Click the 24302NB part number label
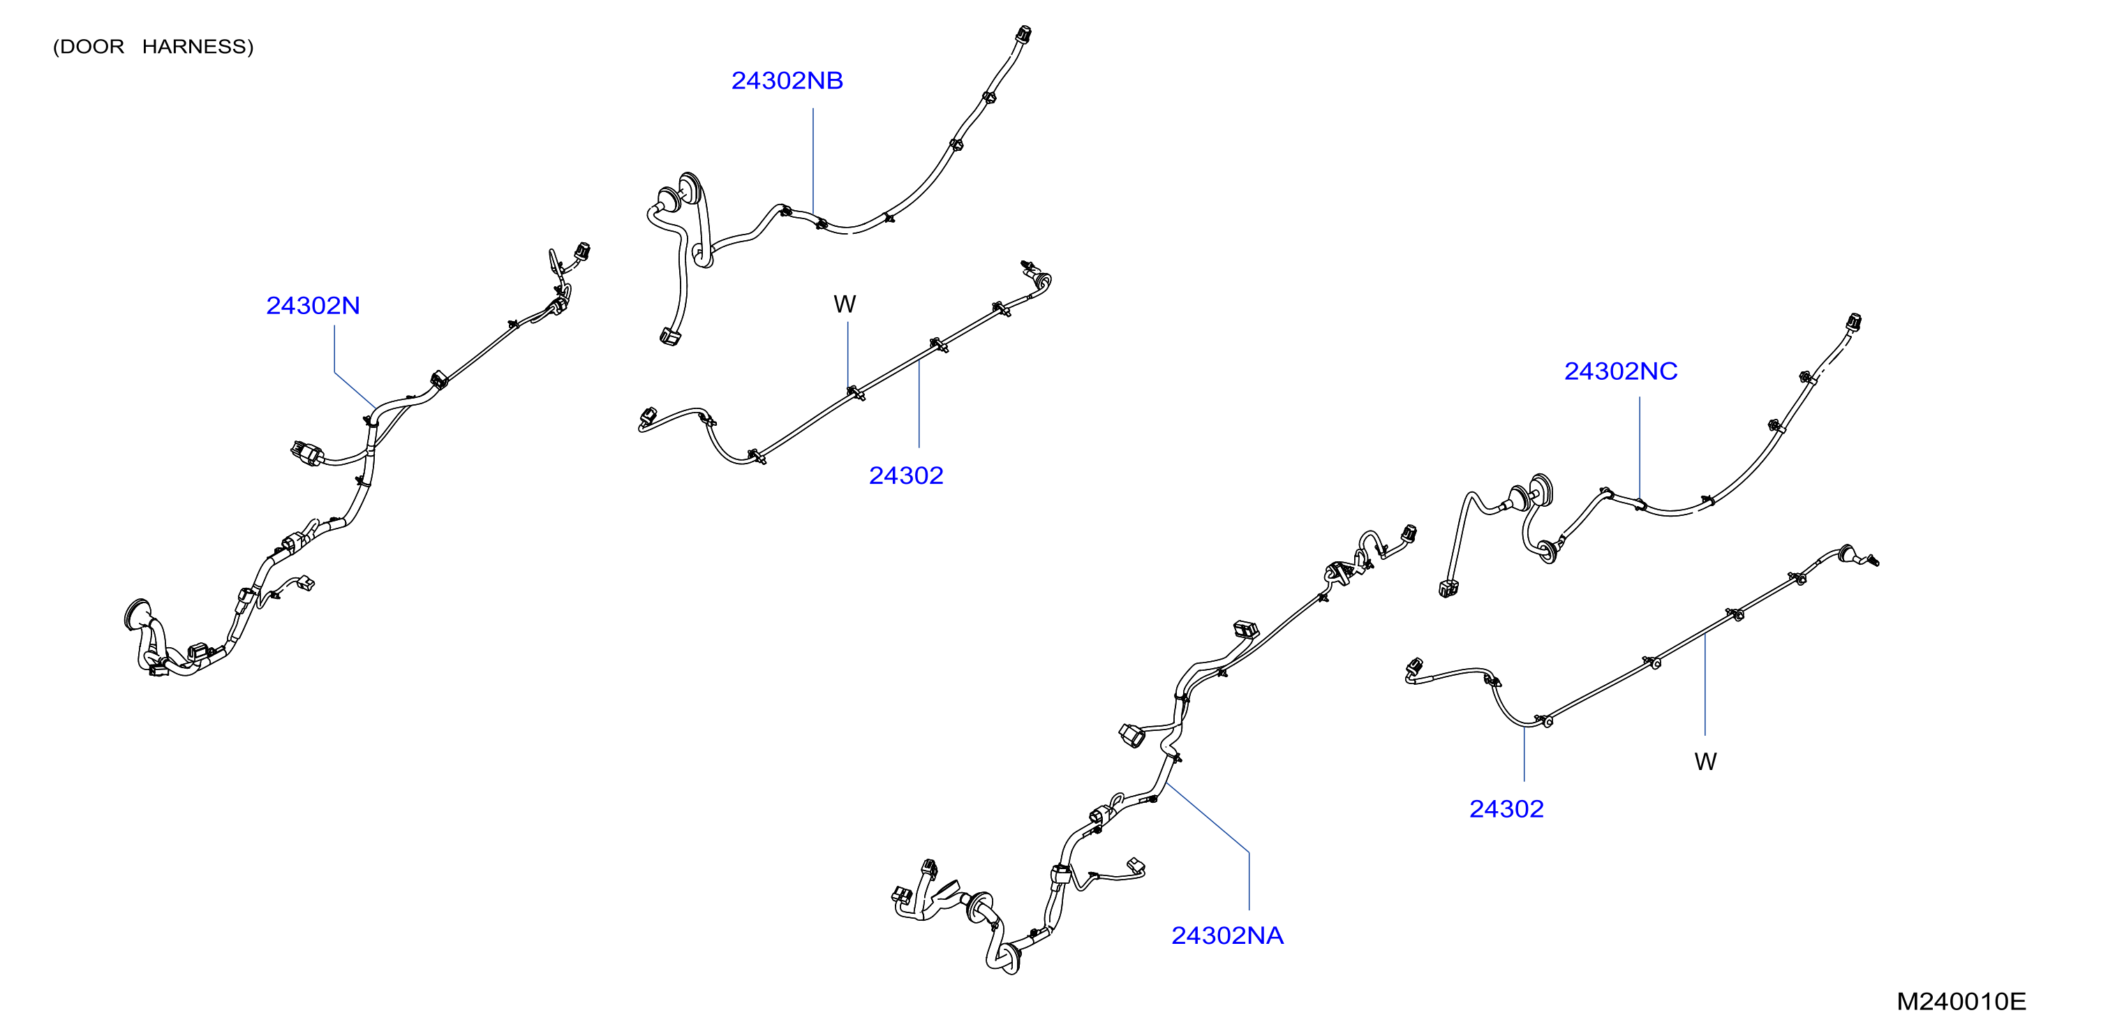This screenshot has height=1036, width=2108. tap(787, 80)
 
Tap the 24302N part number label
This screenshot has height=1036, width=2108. tap(313, 305)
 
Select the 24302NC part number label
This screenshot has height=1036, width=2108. tap(1620, 371)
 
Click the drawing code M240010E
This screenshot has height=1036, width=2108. tap(1961, 1001)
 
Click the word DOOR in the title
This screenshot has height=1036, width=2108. tap(91, 47)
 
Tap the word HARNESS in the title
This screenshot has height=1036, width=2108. tap(194, 47)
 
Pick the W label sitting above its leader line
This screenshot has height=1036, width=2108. tap(845, 304)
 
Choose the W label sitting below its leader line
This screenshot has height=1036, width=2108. tap(1705, 762)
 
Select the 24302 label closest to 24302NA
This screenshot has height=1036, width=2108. tap(1506, 808)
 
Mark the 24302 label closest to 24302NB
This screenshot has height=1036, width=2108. tap(906, 475)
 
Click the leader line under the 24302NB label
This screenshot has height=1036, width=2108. tap(812, 161)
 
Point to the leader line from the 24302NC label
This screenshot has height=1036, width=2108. tap(1639, 448)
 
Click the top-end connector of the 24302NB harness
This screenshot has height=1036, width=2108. tap(1022, 34)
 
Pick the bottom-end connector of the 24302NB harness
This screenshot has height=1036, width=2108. tap(670, 336)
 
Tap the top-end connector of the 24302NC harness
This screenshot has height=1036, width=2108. tap(1853, 322)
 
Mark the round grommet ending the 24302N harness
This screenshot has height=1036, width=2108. tap(137, 614)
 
